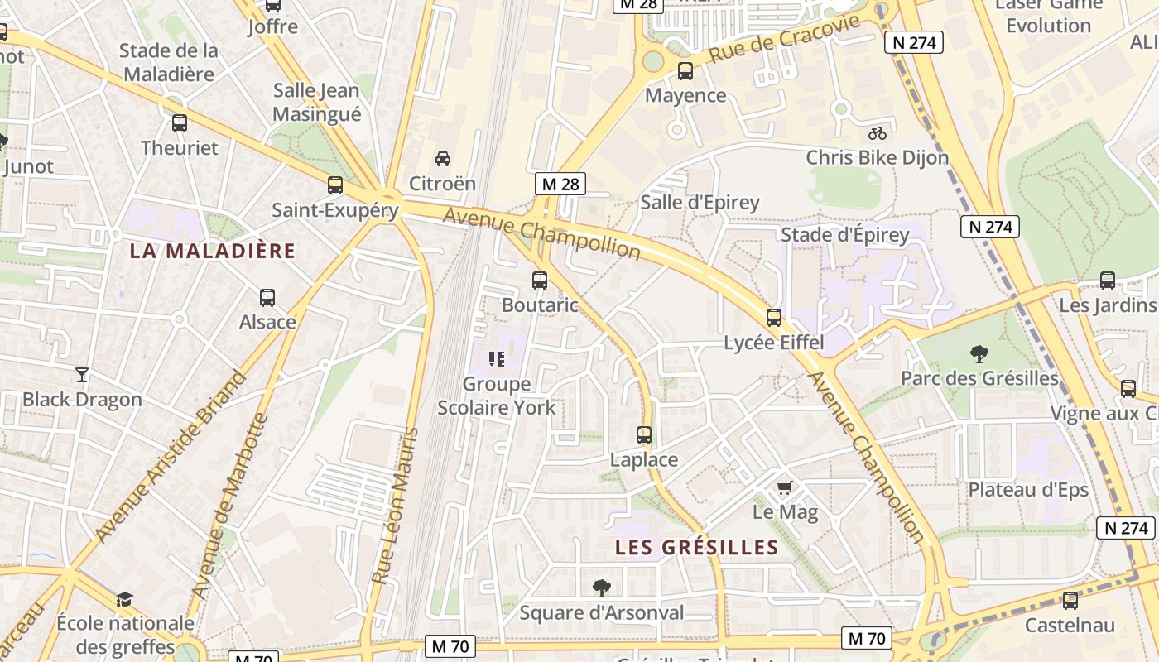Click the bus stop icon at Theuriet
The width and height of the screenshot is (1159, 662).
pos(180,123)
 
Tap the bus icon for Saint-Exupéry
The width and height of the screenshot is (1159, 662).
pos(335,185)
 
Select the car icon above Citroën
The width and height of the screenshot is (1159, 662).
pos(443,158)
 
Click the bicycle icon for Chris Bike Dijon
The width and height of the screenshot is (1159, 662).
pos(878,132)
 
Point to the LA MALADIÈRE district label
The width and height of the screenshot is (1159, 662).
pos(212,251)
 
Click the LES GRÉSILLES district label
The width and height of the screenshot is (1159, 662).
pos(697,547)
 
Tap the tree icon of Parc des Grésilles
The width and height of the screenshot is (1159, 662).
pos(979,354)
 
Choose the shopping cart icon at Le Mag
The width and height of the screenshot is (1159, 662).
pos(785,487)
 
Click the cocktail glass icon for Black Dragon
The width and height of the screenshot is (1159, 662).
pos(82,374)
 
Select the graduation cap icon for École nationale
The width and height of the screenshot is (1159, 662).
pos(124,598)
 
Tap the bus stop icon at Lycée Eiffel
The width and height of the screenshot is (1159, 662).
pos(774,317)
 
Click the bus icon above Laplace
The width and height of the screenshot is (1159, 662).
pos(644,434)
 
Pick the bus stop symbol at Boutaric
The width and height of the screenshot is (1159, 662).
pos(540,280)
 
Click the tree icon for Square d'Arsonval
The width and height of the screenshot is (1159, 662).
pos(602,588)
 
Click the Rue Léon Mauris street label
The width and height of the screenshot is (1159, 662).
pos(394,506)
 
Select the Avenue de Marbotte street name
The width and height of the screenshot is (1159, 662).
pos(231,506)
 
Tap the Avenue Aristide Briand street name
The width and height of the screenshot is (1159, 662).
pos(171,458)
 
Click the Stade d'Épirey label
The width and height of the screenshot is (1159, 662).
pos(845,235)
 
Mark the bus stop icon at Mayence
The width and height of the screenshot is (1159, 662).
pos(685,71)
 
